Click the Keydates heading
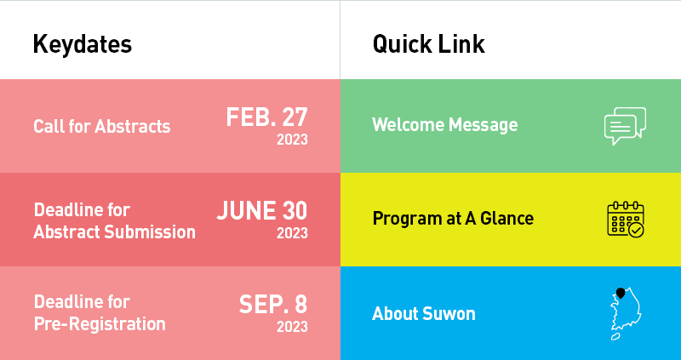(82, 44)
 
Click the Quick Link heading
(428, 44)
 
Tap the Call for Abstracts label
(102, 126)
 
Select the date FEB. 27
(266, 117)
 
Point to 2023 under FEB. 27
(292, 140)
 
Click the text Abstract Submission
(115, 231)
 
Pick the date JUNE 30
(262, 210)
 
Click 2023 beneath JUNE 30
(292, 232)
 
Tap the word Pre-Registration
(100, 324)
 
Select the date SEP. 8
(273, 304)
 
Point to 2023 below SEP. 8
(292, 326)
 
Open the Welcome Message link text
(444, 124)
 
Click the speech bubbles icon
(625, 126)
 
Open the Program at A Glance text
(453, 218)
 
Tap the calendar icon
(626, 220)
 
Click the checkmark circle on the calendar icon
(636, 230)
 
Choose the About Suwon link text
(423, 313)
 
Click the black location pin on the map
(621, 293)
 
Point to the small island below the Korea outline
(615, 336)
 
